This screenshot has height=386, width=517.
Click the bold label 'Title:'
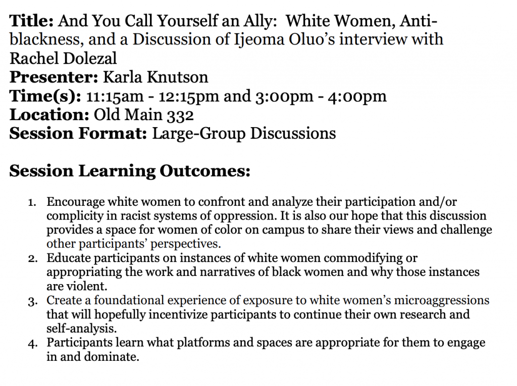[31, 21]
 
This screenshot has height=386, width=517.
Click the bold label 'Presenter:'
[54, 77]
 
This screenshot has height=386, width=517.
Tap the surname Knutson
[177, 77]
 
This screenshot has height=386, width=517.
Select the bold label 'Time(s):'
[45, 96]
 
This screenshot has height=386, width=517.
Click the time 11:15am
[115, 96]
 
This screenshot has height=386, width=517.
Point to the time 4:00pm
[357, 96]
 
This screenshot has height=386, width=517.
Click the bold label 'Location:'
[49, 115]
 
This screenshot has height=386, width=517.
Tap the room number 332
[180, 115]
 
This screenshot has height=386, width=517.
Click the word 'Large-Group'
[198, 134]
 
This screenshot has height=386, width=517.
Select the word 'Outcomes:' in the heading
[205, 171]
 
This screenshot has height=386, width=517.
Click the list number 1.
[32, 202]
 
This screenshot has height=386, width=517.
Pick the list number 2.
[32, 259]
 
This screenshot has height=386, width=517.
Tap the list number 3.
[32, 301]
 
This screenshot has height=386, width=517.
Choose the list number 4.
[32, 344]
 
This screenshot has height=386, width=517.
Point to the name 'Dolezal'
[89, 59]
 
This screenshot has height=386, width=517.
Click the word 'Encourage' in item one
[76, 202]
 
